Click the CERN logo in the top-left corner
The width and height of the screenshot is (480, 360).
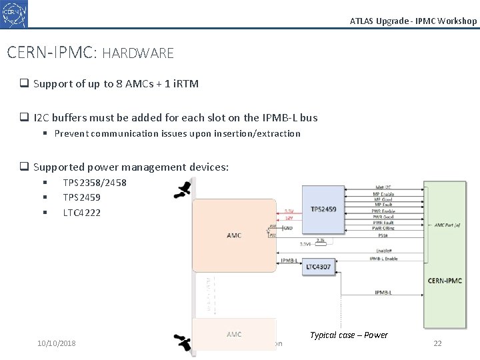[x=15, y=14]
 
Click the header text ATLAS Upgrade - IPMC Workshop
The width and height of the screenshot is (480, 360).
[x=413, y=21]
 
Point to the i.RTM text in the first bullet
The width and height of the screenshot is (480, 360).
[x=181, y=83]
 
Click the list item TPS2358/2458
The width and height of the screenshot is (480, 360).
[x=95, y=183]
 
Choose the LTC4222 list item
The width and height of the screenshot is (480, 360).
[x=81, y=213]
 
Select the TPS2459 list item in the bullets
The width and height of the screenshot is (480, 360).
[x=81, y=197]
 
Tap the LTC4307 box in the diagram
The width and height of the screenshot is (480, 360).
[x=319, y=267]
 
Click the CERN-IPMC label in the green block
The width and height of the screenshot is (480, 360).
[x=445, y=281]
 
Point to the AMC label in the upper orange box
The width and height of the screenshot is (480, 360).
[x=234, y=235]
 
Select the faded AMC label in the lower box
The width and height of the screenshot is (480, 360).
[x=234, y=334]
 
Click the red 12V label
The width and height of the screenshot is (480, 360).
[x=289, y=218]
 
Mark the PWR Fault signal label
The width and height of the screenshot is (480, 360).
[x=383, y=223]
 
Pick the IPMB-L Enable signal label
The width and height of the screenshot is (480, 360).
[x=383, y=258]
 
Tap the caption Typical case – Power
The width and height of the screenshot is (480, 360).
[x=349, y=335]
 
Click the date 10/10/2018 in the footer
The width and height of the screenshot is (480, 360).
[x=57, y=343]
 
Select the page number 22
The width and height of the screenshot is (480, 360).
[x=437, y=343]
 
